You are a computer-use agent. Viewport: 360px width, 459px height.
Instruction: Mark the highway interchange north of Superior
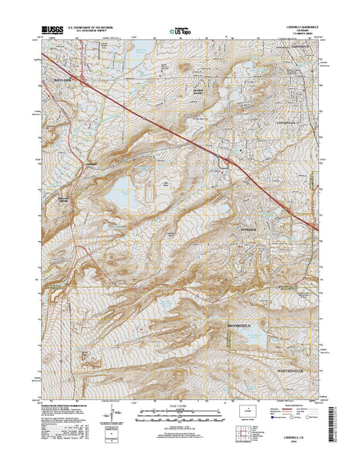tap(226, 161)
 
